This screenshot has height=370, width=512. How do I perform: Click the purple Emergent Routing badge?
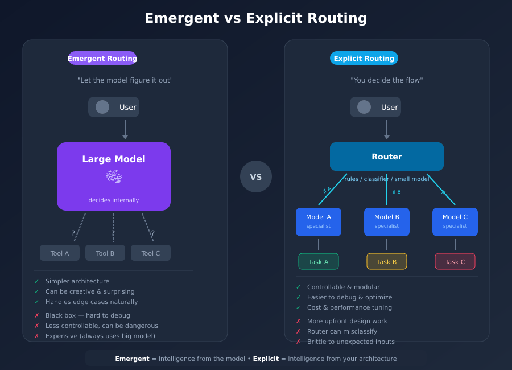(x=102, y=58)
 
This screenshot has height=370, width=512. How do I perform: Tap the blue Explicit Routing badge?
(x=364, y=58)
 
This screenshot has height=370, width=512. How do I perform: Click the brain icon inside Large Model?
(x=114, y=177)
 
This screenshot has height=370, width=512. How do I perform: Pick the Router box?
(x=387, y=157)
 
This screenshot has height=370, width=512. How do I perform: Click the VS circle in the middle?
(x=256, y=176)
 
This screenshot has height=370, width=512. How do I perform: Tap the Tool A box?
(x=60, y=253)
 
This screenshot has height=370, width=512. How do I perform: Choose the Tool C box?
(x=151, y=253)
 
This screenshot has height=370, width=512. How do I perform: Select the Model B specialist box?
(x=387, y=222)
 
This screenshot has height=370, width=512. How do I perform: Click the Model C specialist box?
(x=455, y=222)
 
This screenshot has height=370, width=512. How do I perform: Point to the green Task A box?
(x=319, y=261)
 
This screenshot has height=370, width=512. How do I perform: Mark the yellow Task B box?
(x=387, y=261)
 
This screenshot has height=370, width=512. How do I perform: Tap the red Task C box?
(x=455, y=261)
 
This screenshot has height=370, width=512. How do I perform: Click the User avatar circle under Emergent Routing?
(x=102, y=107)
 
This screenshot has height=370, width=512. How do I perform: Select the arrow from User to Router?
(x=387, y=129)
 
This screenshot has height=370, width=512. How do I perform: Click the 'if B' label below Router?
(x=397, y=192)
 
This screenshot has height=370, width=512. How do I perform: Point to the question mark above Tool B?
(x=113, y=233)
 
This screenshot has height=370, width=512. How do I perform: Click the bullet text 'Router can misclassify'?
(x=342, y=331)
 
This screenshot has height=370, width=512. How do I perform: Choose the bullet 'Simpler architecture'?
(x=77, y=281)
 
